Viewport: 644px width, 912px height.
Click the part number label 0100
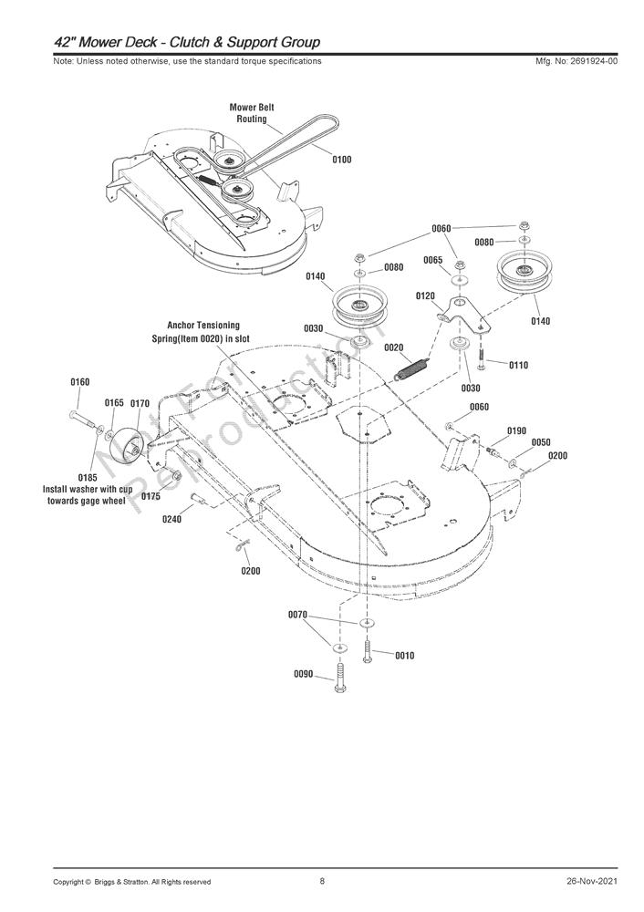[x=341, y=160]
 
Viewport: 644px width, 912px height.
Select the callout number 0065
[x=432, y=261]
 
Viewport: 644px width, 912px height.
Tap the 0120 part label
[x=425, y=296]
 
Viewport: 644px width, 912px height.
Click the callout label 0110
[x=518, y=365]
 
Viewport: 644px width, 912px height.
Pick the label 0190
[x=516, y=430]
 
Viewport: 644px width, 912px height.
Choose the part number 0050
[x=541, y=442]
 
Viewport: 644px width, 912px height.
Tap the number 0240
[x=171, y=519]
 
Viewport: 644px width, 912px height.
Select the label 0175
[x=151, y=496]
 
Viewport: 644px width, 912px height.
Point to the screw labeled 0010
[x=367, y=652]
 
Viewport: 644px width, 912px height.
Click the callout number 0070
[x=297, y=615]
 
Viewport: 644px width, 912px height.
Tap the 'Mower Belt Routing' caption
[x=252, y=113]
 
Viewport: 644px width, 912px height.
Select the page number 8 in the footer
[x=322, y=881]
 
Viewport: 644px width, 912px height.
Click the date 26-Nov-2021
[x=591, y=881]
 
